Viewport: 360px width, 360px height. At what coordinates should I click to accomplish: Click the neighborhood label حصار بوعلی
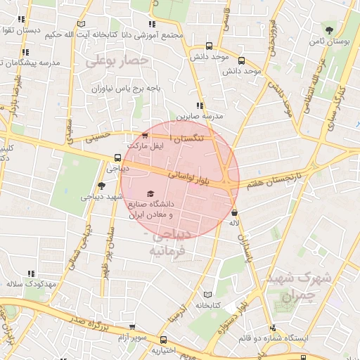point(117,62)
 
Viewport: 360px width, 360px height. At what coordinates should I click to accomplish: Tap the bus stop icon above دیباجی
point(117,158)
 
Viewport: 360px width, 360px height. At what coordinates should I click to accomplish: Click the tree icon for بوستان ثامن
point(330,29)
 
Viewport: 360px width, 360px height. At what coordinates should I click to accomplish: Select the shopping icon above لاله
point(234,212)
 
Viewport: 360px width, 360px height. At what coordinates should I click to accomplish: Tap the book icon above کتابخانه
point(206,295)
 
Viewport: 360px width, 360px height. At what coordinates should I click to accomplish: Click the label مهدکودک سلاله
point(30,284)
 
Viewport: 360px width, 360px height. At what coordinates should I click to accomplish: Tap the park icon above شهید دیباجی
point(101,186)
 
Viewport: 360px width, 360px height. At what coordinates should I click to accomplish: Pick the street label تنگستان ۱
point(197,138)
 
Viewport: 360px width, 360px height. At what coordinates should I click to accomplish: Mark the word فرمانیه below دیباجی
point(169,250)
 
